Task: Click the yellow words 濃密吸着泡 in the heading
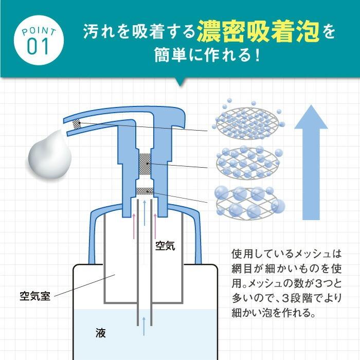coord(258,32)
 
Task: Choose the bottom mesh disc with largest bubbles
coord(247,202)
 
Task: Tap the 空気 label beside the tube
coord(166,246)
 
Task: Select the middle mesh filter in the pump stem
coord(146,163)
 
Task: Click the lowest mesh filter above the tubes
coord(146,191)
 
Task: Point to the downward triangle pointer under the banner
coord(180,82)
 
